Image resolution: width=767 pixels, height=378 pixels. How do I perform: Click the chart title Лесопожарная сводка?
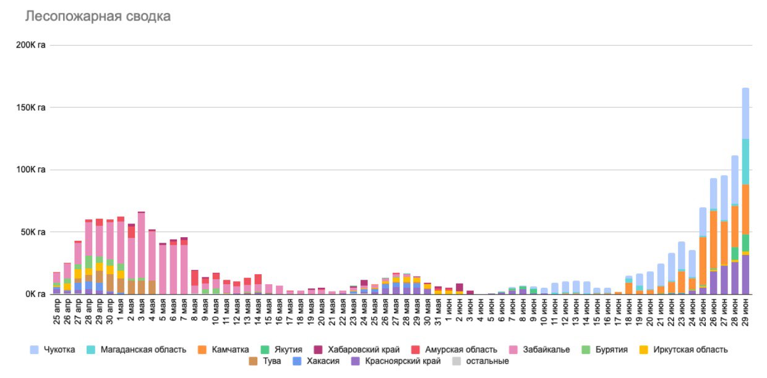pyautogui.click(x=98, y=17)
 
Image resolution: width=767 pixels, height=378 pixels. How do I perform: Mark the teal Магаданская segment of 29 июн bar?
pyautogui.click(x=745, y=161)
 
